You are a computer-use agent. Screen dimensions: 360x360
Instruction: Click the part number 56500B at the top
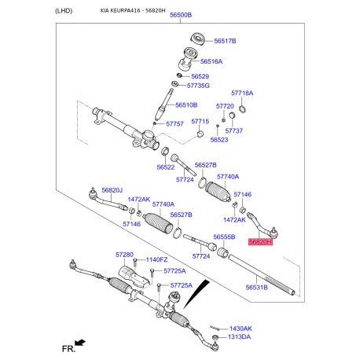point(181,16)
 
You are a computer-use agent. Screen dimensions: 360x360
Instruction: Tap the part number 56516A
point(211,61)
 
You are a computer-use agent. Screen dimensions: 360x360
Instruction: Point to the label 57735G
point(197,86)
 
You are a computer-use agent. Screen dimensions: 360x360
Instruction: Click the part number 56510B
point(186,105)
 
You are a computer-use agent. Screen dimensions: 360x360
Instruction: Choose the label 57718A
point(242,93)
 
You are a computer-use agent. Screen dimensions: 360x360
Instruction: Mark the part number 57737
point(233,130)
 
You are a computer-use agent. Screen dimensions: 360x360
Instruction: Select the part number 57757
point(174,123)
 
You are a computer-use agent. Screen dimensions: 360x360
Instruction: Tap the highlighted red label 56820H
point(260,243)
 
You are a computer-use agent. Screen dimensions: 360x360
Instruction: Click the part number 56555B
point(224,237)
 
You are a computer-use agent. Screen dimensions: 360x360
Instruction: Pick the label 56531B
point(256,287)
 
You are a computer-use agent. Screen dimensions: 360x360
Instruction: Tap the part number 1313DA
point(240,337)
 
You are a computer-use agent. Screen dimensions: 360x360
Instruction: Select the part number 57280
point(125,255)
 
